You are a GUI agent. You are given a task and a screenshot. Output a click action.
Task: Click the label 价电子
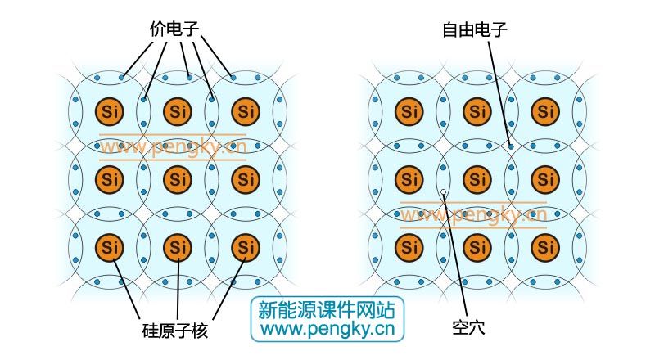click(x=174, y=29)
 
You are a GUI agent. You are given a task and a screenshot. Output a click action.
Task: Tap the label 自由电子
click(x=475, y=29)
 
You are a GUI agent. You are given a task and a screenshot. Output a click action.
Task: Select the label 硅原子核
click(x=175, y=331)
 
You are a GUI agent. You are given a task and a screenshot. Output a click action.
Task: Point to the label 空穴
click(x=468, y=327)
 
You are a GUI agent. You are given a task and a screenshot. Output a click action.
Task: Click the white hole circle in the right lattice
click(x=443, y=192)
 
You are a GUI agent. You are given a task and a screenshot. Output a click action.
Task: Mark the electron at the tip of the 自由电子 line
click(x=511, y=146)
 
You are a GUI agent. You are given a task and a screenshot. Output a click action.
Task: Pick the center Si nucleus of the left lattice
click(x=178, y=179)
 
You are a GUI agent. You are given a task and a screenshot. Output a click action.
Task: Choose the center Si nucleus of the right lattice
click(x=477, y=179)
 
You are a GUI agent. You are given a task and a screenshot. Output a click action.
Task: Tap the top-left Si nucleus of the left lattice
click(x=110, y=111)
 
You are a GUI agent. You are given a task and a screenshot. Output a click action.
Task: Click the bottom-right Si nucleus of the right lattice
click(x=545, y=248)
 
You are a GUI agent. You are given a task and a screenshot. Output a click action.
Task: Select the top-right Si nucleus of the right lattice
click(x=545, y=111)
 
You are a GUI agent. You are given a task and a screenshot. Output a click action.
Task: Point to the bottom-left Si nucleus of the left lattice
click(x=110, y=248)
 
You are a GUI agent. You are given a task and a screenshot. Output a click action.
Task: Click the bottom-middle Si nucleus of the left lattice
click(x=178, y=248)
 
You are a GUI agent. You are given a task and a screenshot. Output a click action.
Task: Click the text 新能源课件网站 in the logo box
click(x=326, y=310)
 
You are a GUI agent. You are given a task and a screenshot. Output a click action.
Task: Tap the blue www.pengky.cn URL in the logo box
click(x=327, y=329)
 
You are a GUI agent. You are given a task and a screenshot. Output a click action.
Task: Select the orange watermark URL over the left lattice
click(x=173, y=147)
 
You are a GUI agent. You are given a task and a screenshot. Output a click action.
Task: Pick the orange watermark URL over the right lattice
click(x=473, y=215)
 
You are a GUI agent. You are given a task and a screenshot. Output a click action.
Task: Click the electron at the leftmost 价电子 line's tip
click(x=121, y=78)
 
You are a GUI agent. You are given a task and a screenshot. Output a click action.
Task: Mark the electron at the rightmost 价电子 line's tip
click(x=233, y=78)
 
